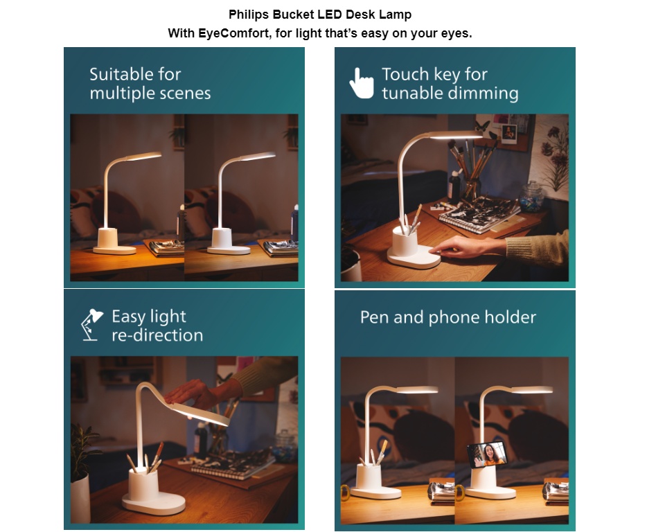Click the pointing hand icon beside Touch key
pyautogui.click(x=361, y=83)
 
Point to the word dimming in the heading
pyautogui.click(x=484, y=93)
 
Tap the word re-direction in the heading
pyautogui.click(x=157, y=335)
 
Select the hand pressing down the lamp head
pyautogui.click(x=197, y=393)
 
